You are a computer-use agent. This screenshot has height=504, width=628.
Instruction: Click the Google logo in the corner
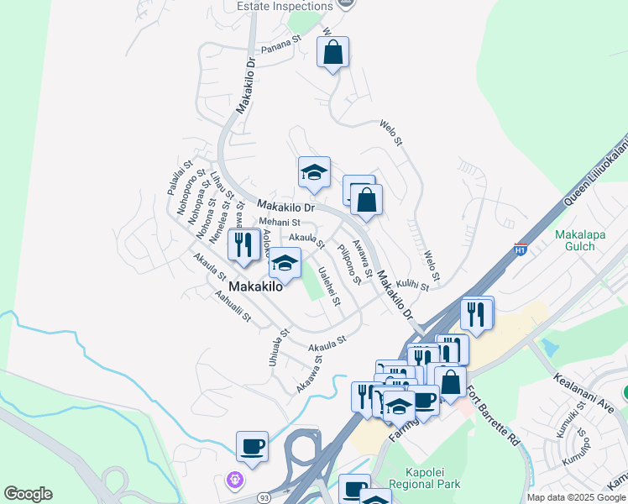click(28, 494)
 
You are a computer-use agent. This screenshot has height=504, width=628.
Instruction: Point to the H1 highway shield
click(521, 249)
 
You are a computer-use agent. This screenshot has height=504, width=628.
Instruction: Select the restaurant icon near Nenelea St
click(243, 244)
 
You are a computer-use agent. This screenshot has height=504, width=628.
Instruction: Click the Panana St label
click(281, 43)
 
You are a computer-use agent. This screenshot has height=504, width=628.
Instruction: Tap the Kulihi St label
click(413, 286)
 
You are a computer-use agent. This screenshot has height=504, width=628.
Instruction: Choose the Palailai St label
click(180, 178)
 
